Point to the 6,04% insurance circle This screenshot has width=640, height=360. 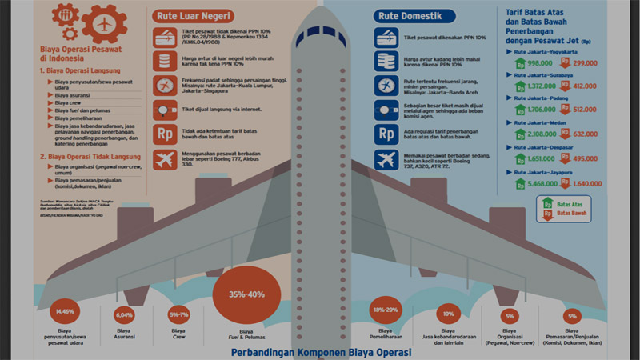pyautogui.click(x=124, y=314)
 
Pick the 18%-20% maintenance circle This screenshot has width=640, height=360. pyautogui.click(x=386, y=310)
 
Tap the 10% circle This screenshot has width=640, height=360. pyautogui.click(x=449, y=314)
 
